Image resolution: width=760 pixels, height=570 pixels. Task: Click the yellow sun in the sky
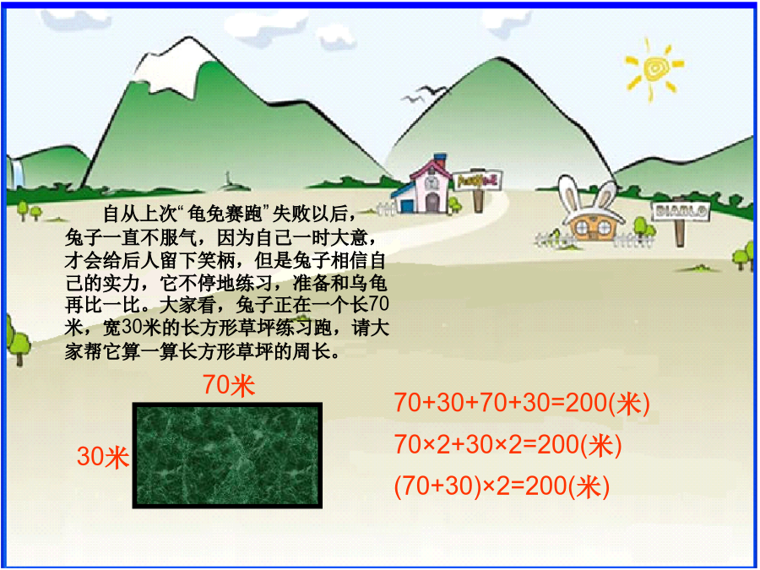click(x=654, y=69)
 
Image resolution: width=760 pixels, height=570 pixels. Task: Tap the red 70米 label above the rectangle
click(x=229, y=385)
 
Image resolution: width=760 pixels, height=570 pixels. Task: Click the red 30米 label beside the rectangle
click(x=103, y=457)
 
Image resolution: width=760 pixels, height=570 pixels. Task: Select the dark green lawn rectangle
click(x=227, y=455)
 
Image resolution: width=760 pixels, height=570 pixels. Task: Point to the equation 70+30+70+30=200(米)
click(x=522, y=404)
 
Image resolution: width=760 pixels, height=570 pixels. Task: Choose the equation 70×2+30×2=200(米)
click(x=508, y=445)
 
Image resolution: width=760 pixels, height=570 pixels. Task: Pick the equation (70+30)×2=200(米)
click(x=502, y=486)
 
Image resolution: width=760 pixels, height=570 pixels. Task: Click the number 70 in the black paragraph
click(x=378, y=304)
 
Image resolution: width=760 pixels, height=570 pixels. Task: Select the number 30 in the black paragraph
click(x=132, y=327)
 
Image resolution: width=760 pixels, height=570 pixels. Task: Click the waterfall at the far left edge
click(x=17, y=171)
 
